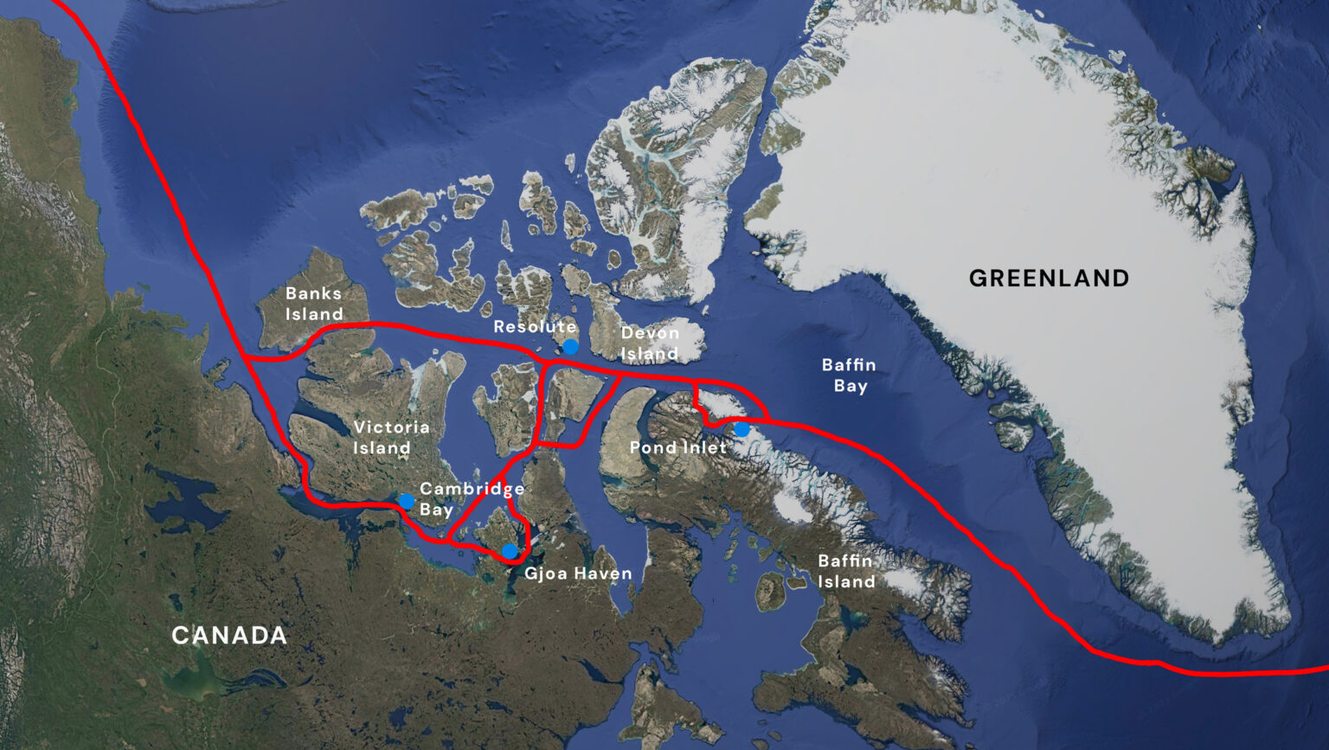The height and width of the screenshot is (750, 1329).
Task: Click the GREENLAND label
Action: [1049, 279]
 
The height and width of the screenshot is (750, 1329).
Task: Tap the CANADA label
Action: [229, 636]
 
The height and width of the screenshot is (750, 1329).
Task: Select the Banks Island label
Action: [314, 304]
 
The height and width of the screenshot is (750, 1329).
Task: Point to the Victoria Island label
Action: [391, 438]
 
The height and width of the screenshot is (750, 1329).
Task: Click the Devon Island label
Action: [650, 343]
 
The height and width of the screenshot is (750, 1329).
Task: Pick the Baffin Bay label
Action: [849, 375]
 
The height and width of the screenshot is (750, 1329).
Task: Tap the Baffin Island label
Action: [846, 571]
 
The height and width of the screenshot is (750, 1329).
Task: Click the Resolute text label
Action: [535, 327]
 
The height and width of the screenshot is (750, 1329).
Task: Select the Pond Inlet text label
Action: [678, 447]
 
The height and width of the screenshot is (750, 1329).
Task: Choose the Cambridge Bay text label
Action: [472, 499]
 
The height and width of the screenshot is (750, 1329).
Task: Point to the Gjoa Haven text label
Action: [578, 574]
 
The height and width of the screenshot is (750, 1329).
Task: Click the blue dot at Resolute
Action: [571, 347]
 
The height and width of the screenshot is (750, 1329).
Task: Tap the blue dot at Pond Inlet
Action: [742, 429]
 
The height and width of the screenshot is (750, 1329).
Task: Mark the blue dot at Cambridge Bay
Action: [407, 501]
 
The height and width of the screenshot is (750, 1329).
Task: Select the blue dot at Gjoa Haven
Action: [510, 551]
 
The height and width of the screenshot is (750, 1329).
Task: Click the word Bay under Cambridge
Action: [437, 510]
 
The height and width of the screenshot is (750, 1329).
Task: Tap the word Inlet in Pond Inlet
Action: [702, 447]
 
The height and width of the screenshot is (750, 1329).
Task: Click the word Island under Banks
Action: [314, 314]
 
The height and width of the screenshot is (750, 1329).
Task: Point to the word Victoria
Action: [391, 427]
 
